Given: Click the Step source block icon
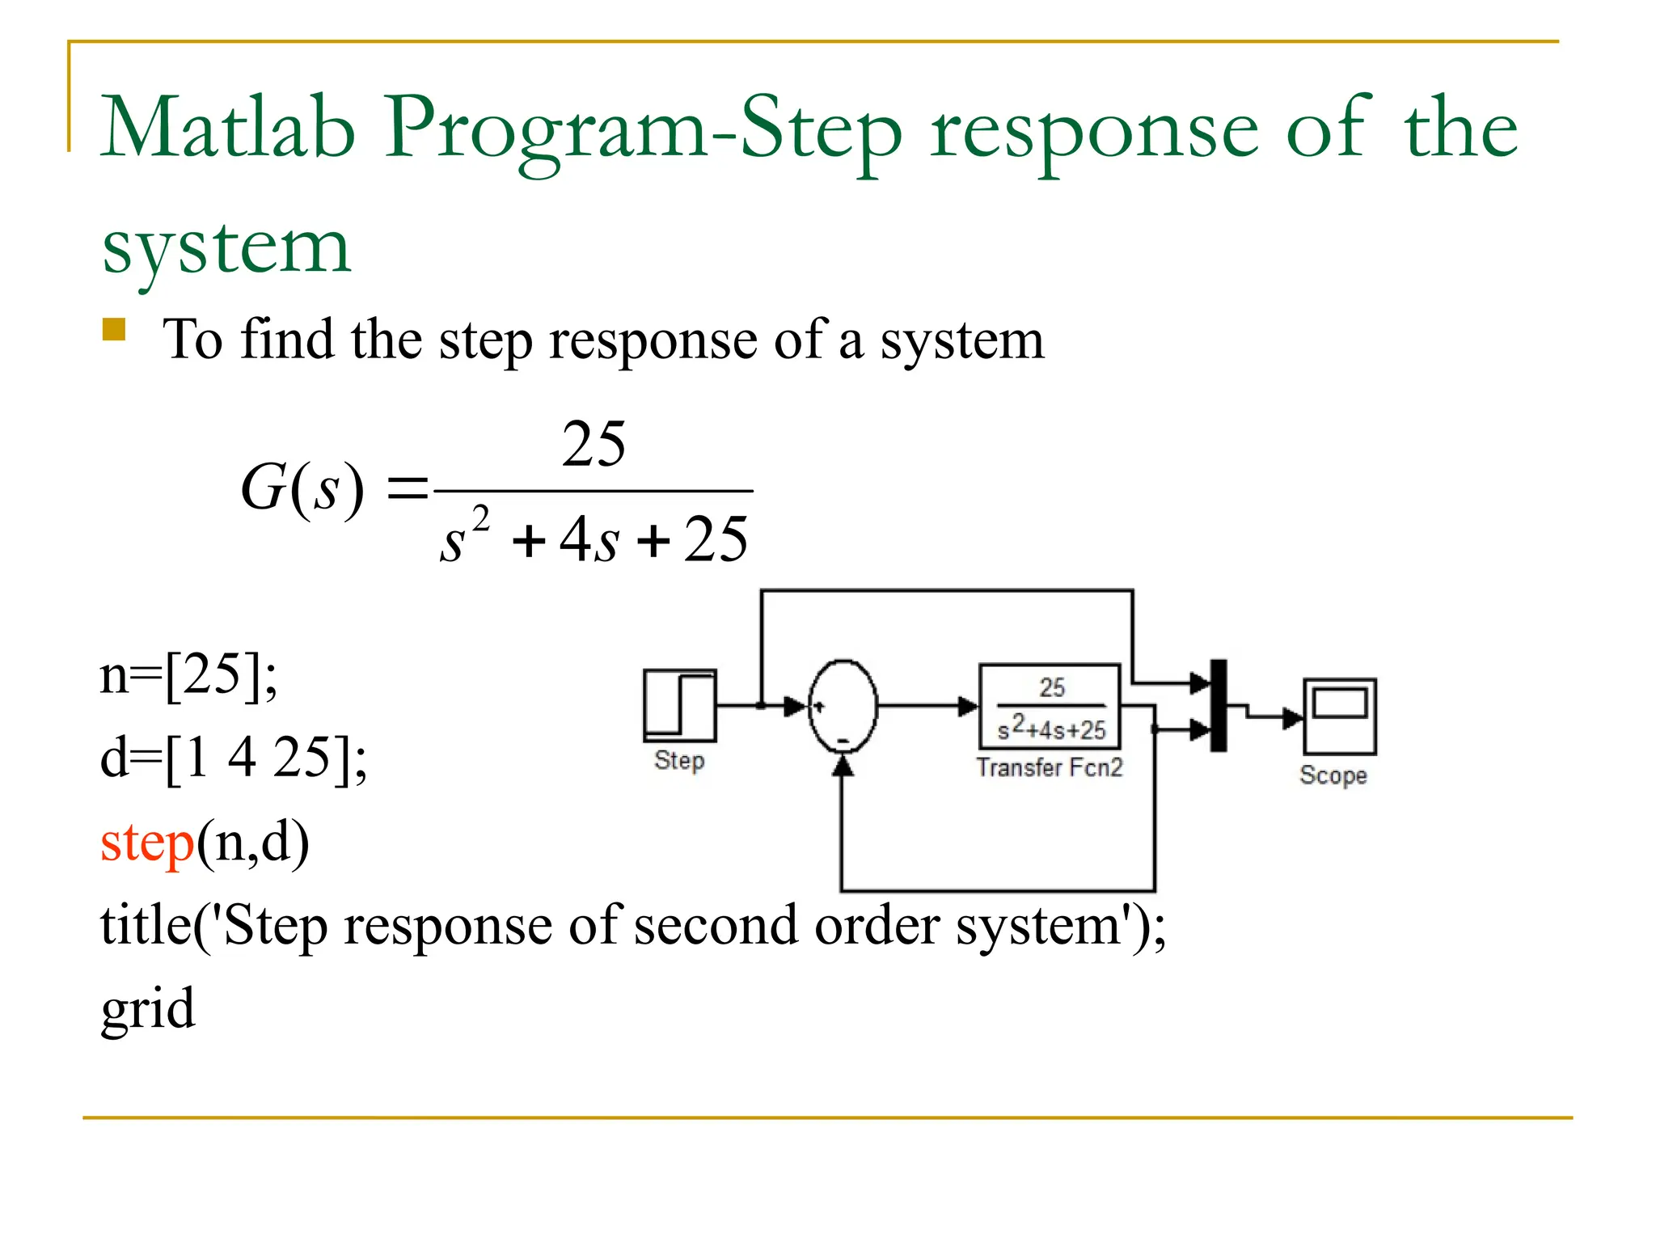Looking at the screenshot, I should click(x=679, y=705).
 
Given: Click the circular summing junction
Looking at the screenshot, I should click(x=843, y=706).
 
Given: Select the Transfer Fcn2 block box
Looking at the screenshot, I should click(x=1050, y=706).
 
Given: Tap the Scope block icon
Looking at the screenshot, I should click(x=1339, y=716).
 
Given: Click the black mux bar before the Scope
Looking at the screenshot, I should click(x=1219, y=705).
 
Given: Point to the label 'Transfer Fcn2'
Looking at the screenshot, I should click(x=1050, y=767).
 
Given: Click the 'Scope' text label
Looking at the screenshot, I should click(x=1333, y=775).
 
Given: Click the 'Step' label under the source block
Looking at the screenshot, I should click(x=679, y=760).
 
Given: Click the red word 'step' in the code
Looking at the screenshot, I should click(x=146, y=843).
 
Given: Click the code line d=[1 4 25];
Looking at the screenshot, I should click(x=233, y=758).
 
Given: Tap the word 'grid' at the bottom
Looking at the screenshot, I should click(x=148, y=1009).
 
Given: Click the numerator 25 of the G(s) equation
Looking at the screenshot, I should click(x=594, y=444).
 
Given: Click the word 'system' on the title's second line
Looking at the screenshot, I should click(x=226, y=247).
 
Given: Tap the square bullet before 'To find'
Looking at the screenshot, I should click(x=114, y=330).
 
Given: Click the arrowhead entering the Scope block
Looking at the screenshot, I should click(x=1293, y=717).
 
